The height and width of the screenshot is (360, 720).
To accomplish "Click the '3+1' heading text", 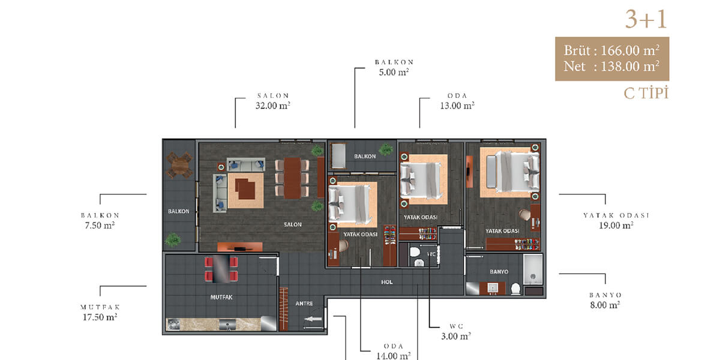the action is point(646,19).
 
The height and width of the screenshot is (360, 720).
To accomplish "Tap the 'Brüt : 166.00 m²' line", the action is point(611,50).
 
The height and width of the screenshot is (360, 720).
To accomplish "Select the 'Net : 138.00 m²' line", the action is point(611,67).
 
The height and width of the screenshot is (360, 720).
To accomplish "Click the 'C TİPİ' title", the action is point(646,93).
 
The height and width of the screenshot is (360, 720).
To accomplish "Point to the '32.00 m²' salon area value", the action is point(273,106).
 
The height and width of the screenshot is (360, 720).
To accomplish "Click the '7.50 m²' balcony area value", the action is point(100,225).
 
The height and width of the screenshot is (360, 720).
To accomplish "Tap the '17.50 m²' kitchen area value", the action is point(100,317).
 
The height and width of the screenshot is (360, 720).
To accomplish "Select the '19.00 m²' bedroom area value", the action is point(616,225).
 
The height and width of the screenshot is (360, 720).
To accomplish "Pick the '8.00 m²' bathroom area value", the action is point(605,305).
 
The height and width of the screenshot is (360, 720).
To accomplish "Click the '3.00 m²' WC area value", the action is point(456,336).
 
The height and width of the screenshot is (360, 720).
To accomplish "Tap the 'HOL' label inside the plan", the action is point(386,282).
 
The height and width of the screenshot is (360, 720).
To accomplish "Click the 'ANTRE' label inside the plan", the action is point(304,304).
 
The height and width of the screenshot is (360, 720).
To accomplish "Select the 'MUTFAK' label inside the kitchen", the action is point(221,298).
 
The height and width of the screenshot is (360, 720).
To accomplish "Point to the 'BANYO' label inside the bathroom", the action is point(499,272).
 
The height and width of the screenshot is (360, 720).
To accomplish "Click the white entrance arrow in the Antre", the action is point(313,319).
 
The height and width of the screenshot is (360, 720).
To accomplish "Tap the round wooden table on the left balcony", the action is point(179,165).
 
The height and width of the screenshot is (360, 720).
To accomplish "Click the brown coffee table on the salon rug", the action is point(245,188).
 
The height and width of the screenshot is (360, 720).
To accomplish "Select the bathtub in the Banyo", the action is point(533,269).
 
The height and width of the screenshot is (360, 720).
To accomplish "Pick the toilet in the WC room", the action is point(415,252).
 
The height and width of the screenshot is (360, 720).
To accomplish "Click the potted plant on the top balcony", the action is point(385,149).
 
